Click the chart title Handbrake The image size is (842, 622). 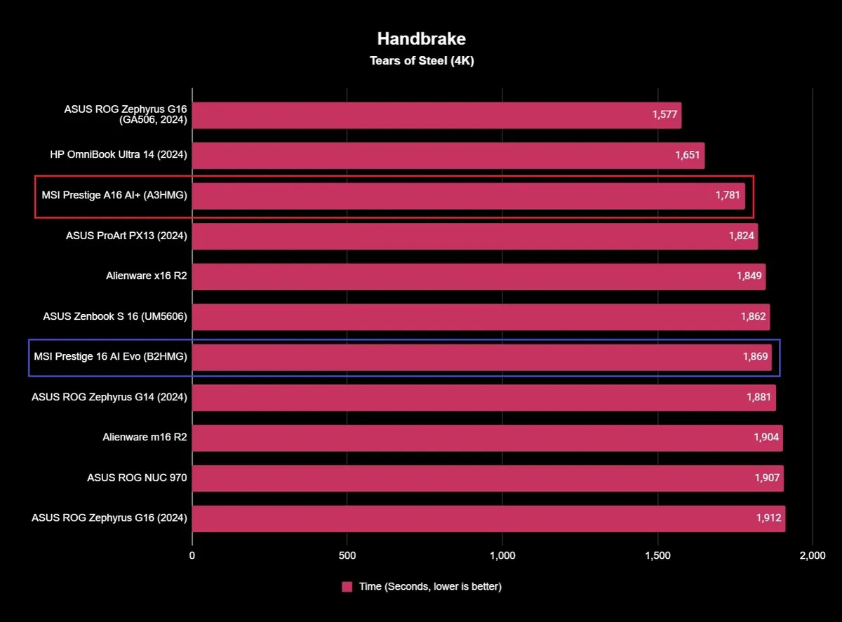click(421, 38)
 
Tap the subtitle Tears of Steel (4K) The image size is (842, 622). click(422, 61)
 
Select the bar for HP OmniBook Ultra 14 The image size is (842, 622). click(448, 156)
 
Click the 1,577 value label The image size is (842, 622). click(664, 115)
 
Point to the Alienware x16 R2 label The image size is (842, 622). click(147, 276)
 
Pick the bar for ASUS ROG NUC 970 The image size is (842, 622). click(487, 478)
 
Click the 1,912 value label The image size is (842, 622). click(768, 518)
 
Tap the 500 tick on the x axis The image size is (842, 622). click(347, 556)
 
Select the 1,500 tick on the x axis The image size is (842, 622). click(657, 556)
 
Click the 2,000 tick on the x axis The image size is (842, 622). click(813, 556)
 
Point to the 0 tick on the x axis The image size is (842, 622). click(192, 556)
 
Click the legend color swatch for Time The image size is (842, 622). click(347, 587)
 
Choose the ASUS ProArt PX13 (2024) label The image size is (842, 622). click(126, 236)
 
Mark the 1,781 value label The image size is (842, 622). click(728, 196)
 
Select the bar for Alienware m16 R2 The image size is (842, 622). click(487, 438)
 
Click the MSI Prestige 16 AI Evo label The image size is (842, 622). click(110, 357)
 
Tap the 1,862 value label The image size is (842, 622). click(753, 317)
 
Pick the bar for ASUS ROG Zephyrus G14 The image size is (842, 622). click(483, 398)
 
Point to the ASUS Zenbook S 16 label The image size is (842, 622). click(115, 317)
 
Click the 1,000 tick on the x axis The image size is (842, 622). click(502, 556)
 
